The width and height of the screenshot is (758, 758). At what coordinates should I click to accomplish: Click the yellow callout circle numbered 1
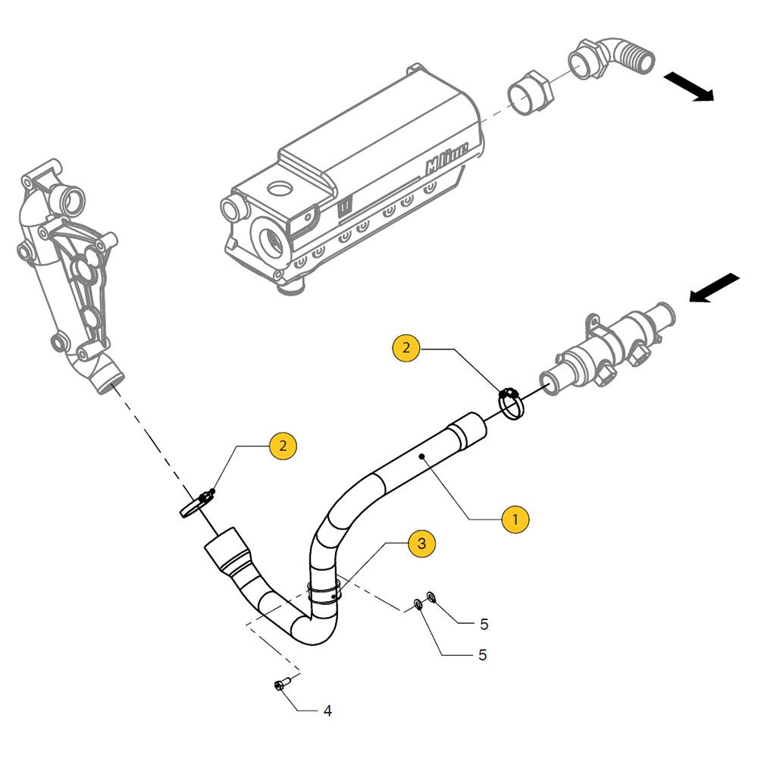[x=515, y=519]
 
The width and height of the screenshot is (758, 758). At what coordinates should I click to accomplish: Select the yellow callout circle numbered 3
[x=422, y=543]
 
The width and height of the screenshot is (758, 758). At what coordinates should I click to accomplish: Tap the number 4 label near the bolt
[x=327, y=711]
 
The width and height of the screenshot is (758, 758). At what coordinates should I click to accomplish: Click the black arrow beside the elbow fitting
[x=689, y=86]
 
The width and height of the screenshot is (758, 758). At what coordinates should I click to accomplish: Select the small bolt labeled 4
[x=278, y=686]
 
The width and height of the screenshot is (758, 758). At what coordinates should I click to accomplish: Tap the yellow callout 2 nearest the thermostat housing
[x=406, y=348]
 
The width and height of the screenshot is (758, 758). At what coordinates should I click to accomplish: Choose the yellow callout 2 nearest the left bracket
[x=283, y=446]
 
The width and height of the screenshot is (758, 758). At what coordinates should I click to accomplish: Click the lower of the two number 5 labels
[x=482, y=655]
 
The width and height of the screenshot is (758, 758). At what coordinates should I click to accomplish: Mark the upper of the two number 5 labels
[x=484, y=625]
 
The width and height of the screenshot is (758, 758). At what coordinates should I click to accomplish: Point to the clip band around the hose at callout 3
[x=324, y=591]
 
